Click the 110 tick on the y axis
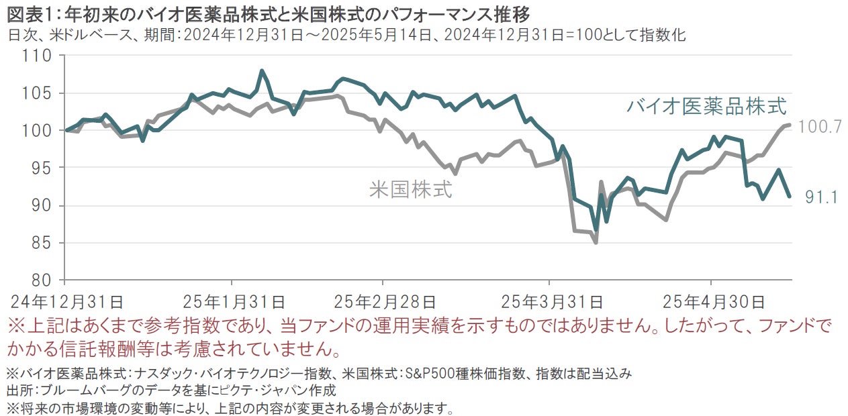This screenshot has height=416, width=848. click(39, 56)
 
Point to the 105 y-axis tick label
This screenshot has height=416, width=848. click(39, 93)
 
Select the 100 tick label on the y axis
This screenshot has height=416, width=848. click(39, 131)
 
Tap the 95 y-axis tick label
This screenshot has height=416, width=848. click(43, 168)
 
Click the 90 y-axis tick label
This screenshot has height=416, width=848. click(43, 205)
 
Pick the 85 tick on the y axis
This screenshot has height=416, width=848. click(43, 243)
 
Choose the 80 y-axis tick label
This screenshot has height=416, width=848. click(43, 280)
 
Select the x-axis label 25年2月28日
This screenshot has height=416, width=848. click(385, 299)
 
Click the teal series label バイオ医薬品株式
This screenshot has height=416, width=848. click(706, 105)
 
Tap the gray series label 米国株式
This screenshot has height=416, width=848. click(411, 189)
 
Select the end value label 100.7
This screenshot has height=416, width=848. click(820, 127)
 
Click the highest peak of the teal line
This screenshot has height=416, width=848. click(262, 70)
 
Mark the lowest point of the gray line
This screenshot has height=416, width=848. click(596, 242)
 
